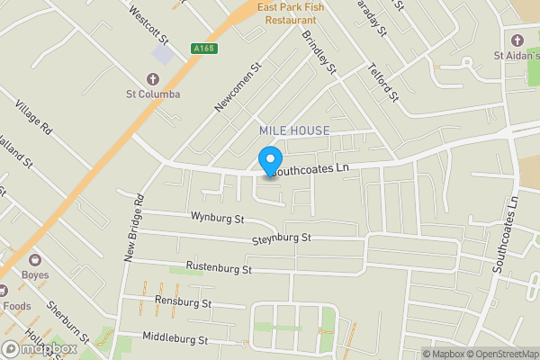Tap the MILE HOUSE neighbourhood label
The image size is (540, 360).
294,131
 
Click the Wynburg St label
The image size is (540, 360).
217,218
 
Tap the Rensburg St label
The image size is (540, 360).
183,302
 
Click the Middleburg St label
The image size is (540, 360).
175,339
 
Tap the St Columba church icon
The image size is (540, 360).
152,76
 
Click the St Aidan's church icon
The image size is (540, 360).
517,40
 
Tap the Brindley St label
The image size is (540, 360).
319,52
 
